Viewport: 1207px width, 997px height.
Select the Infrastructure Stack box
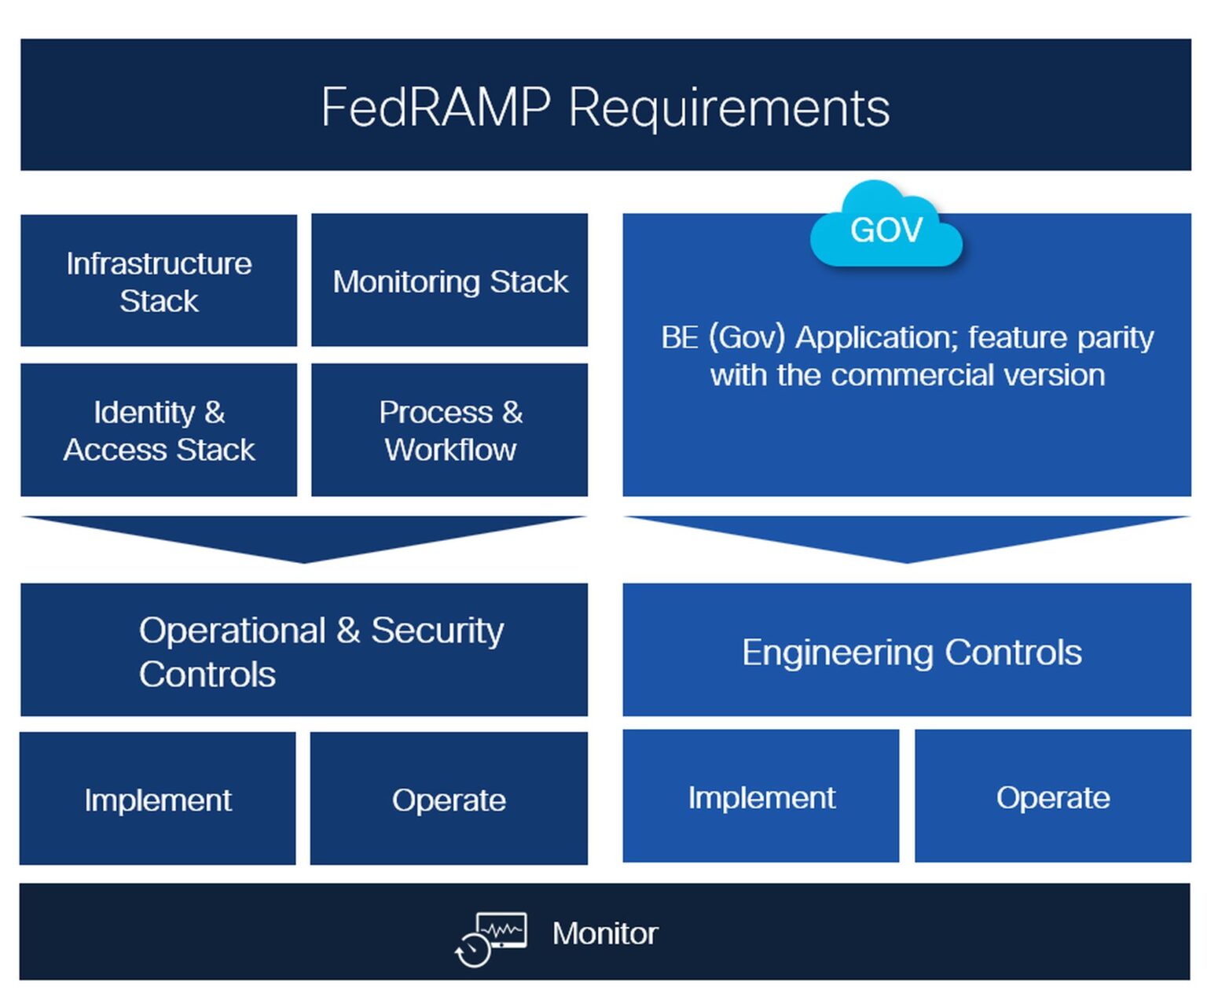[x=159, y=281]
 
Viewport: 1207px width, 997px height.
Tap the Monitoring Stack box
[x=449, y=281]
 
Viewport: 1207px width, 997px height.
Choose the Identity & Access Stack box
[x=159, y=430]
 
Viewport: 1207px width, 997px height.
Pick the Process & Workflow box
[x=449, y=430]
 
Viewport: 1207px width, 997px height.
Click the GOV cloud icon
[x=886, y=229]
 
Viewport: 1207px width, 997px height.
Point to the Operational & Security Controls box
[x=304, y=650]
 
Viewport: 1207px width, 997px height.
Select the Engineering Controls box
[x=907, y=650]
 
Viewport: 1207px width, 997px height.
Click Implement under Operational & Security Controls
[x=158, y=799]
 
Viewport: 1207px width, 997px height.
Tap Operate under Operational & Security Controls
[x=449, y=799]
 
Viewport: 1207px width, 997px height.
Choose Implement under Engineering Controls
[x=761, y=796]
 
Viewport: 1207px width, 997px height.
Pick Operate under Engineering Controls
[x=1053, y=796]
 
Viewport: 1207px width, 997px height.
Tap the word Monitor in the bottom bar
[x=604, y=933]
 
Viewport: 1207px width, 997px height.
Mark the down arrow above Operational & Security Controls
[x=304, y=537]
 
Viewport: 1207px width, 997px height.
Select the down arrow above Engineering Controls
[x=907, y=537]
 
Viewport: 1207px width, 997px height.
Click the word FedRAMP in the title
[x=435, y=107]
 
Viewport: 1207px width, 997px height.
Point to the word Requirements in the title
[x=728, y=107]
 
